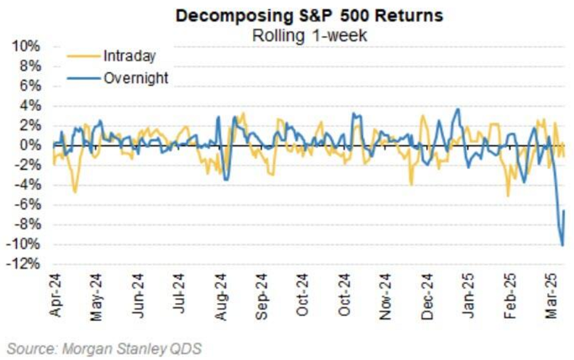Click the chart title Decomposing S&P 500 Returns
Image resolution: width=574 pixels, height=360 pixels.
(x=309, y=16)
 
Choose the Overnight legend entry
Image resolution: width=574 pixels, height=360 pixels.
(x=136, y=77)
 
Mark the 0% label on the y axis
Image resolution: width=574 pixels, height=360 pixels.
(x=30, y=146)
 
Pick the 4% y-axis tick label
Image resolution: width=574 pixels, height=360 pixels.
(x=30, y=106)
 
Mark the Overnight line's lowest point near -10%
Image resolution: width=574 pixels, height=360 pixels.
(x=562, y=245)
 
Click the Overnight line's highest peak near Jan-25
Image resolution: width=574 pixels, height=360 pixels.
(x=458, y=109)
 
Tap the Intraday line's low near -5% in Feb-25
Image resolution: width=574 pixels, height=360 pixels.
(x=508, y=195)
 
